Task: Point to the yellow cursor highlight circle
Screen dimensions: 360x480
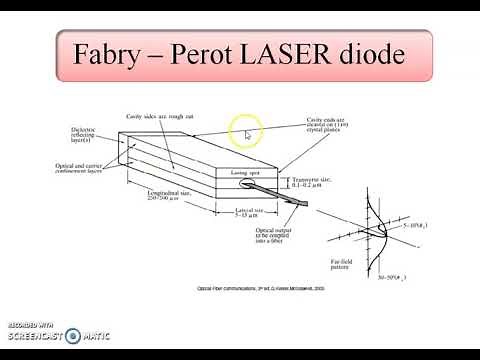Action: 245,129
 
